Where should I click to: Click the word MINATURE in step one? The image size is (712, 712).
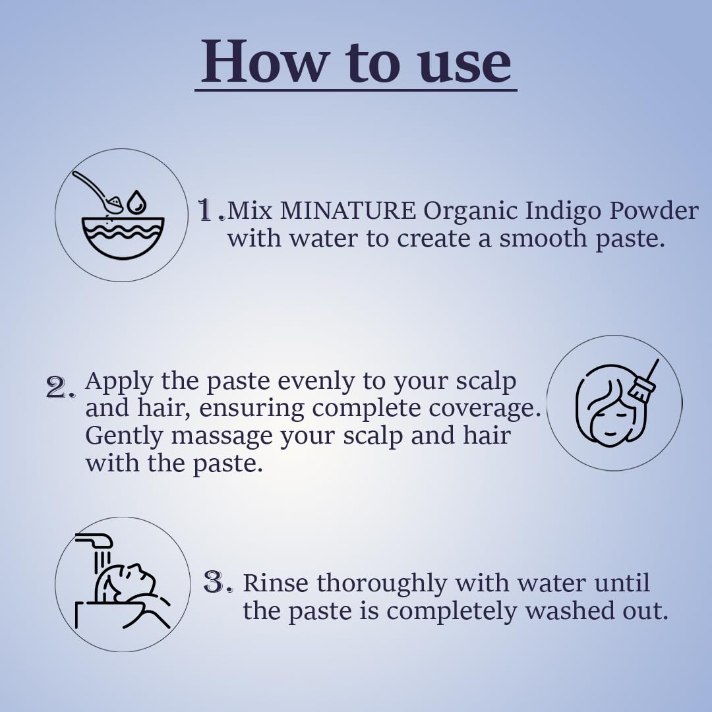pos(347,211)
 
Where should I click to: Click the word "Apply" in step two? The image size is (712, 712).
pos(119,382)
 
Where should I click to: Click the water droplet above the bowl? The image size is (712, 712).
pos(136,202)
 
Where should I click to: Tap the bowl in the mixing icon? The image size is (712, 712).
pos(123,239)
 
